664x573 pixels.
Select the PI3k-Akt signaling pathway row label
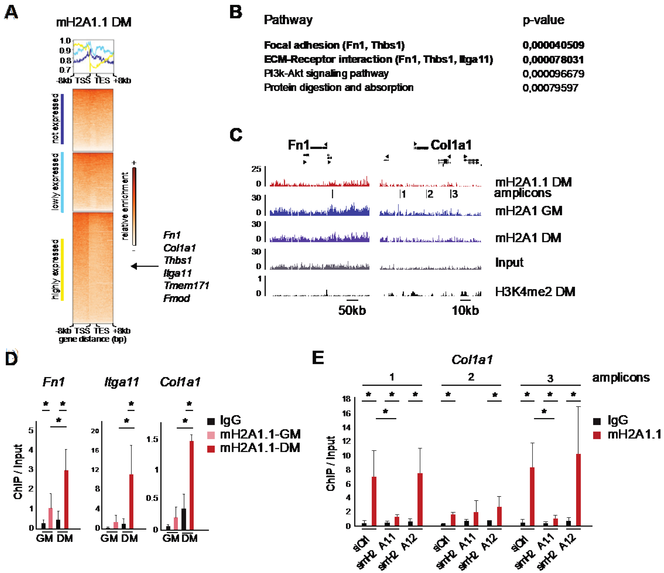pyautogui.click(x=326, y=74)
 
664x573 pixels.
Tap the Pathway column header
pyautogui.click(x=288, y=20)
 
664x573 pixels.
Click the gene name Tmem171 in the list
pyautogui.click(x=186, y=285)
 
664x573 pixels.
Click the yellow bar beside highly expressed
pyautogui.click(x=63, y=269)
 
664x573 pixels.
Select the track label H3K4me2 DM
pyautogui.click(x=535, y=292)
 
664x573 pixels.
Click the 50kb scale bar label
pyautogui.click(x=352, y=310)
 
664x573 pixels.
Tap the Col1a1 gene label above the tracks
pyautogui.click(x=451, y=145)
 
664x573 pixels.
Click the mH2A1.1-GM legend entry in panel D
pyautogui.click(x=260, y=434)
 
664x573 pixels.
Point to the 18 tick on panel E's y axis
pyautogui.click(x=346, y=399)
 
